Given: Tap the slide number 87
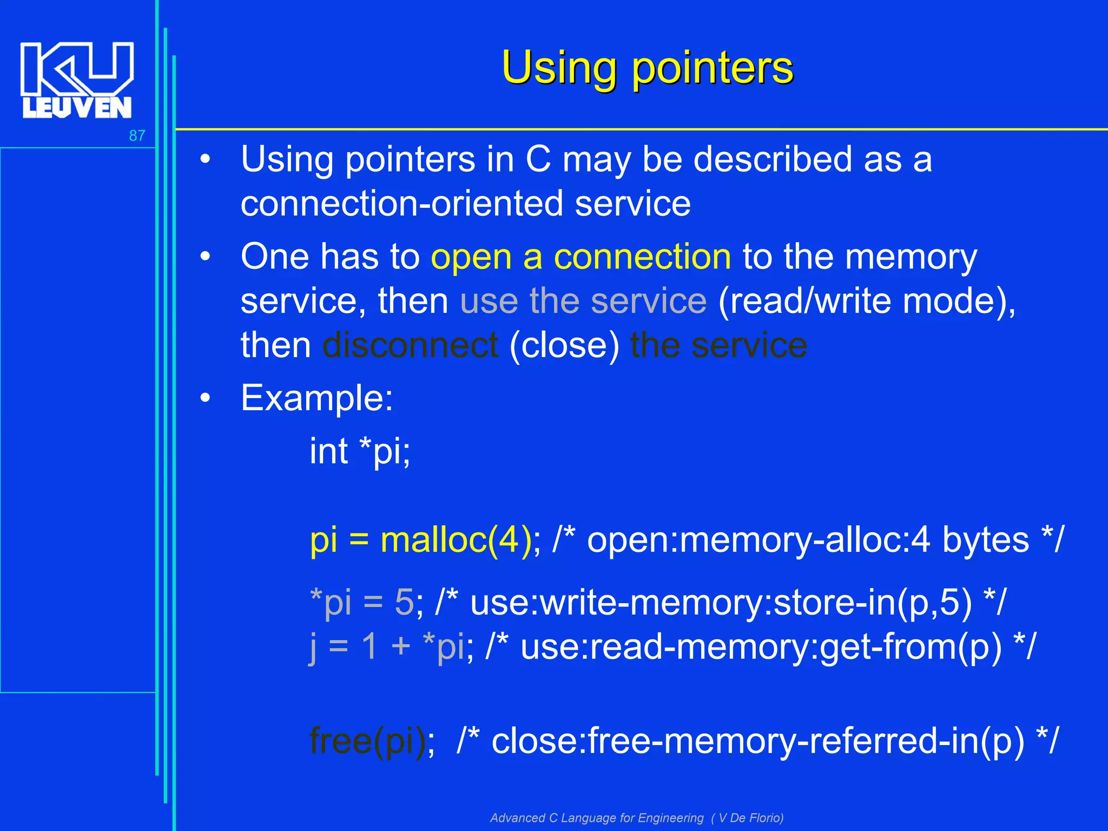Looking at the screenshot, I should click(137, 136).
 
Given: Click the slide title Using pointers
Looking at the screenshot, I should click(647, 68).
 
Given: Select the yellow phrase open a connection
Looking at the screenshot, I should click(581, 256).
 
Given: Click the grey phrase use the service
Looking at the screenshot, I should click(583, 301).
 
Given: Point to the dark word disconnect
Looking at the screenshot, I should click(410, 345).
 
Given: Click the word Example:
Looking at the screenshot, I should click(316, 398).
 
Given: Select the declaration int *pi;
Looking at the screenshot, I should click(360, 451).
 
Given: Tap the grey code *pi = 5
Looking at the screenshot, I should click(361, 602).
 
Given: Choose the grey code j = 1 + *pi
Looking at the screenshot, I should click(386, 646).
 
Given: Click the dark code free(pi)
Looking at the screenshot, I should click(368, 741).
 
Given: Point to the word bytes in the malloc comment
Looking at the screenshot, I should click(985, 540).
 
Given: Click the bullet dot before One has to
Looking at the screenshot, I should click(205, 256).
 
